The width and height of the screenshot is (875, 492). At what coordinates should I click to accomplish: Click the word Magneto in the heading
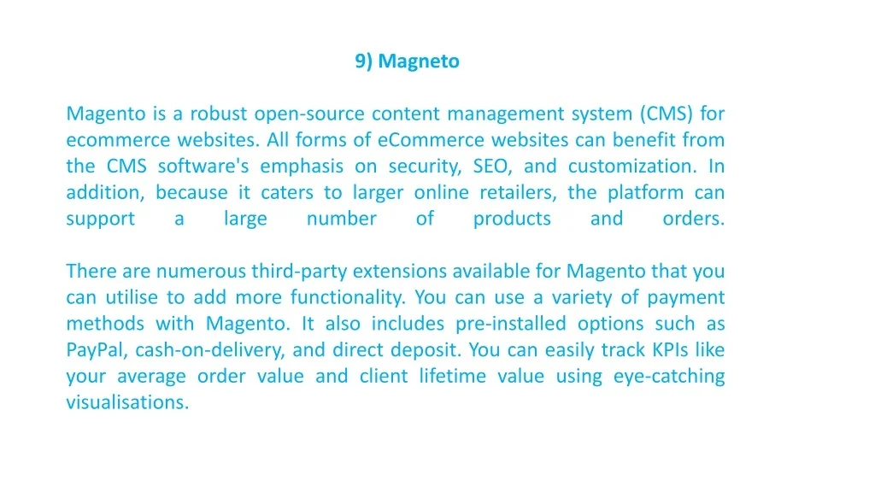419,61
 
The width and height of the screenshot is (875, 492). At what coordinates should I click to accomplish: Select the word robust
218,114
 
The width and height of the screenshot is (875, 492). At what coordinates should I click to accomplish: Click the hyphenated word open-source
309,114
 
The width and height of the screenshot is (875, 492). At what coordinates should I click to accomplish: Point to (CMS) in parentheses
667,114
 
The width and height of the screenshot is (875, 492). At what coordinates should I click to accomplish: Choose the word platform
646,193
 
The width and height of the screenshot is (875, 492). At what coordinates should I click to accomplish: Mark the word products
513,219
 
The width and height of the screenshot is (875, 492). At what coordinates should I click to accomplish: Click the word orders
694,218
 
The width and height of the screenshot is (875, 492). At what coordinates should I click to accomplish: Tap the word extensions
400,271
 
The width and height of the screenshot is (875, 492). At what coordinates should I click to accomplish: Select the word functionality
349,298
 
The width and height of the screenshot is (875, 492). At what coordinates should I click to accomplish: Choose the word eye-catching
669,377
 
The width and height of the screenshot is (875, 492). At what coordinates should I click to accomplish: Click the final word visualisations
128,402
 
